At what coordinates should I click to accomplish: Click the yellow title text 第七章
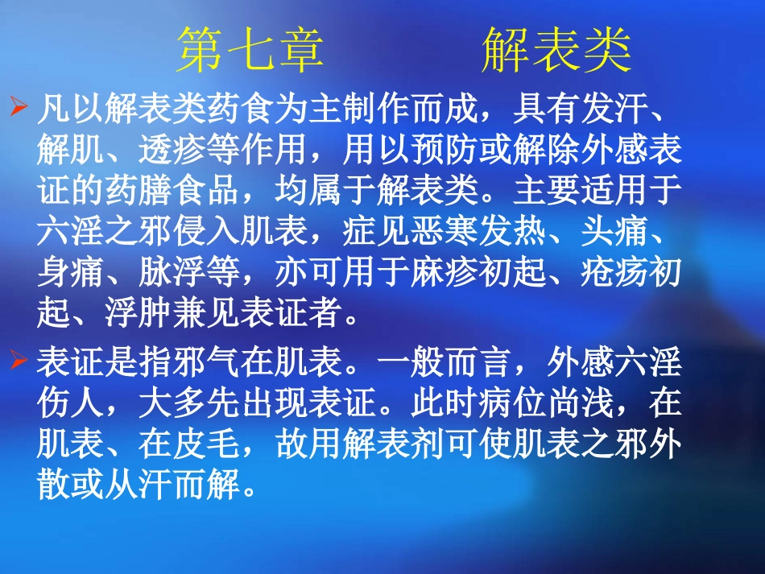click(250, 51)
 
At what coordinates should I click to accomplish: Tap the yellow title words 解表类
click(556, 51)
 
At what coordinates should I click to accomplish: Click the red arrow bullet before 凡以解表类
click(19, 109)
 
